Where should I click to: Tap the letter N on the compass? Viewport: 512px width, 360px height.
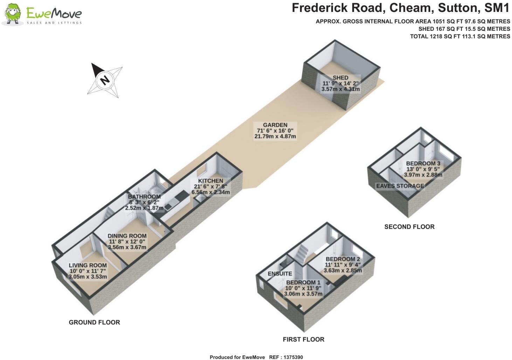point(104,80)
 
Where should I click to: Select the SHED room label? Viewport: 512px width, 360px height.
point(340,78)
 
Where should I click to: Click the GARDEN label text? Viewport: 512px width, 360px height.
point(275,125)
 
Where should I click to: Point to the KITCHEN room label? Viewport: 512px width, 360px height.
point(210,181)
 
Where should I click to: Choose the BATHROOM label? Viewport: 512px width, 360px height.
point(144,197)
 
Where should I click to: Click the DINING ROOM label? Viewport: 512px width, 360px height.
point(127,236)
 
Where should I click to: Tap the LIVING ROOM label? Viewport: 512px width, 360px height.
point(88,265)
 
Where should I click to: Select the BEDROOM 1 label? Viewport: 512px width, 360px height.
point(303,282)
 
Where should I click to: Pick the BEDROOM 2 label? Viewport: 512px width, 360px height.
point(343,259)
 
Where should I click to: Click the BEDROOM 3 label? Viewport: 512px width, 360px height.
point(423,164)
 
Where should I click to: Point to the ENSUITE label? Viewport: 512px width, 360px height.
point(280,274)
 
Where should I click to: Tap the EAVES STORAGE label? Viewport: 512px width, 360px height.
point(400,186)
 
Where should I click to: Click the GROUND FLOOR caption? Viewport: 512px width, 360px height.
point(94,322)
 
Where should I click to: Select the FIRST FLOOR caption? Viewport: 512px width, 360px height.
point(303,339)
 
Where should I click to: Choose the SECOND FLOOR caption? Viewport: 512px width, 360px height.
point(409,227)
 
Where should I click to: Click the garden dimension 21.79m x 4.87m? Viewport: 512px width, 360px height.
point(275,137)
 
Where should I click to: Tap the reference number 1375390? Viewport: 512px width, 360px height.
point(291,357)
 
